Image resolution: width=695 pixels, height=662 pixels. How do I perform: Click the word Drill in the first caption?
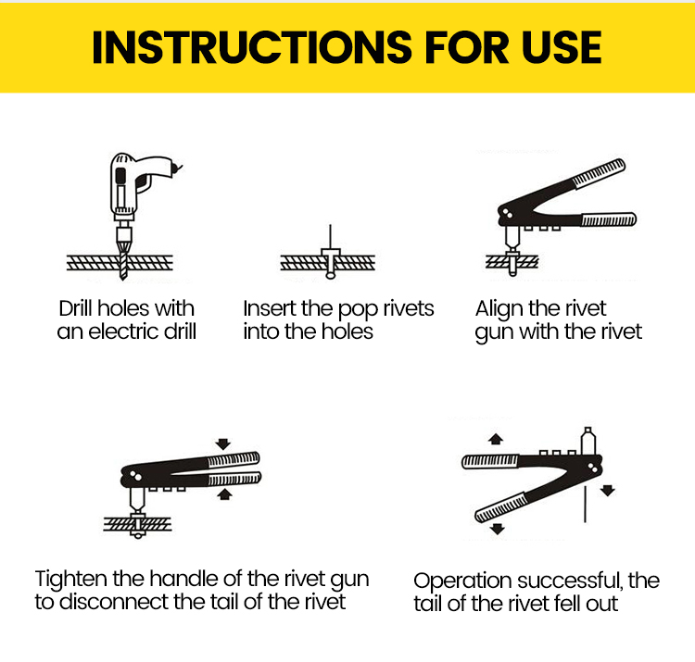pos(81,308)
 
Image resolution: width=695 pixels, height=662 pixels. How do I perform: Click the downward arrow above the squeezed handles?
pos(223,443)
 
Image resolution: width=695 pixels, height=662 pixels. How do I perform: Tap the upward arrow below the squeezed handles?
pos(223,494)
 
